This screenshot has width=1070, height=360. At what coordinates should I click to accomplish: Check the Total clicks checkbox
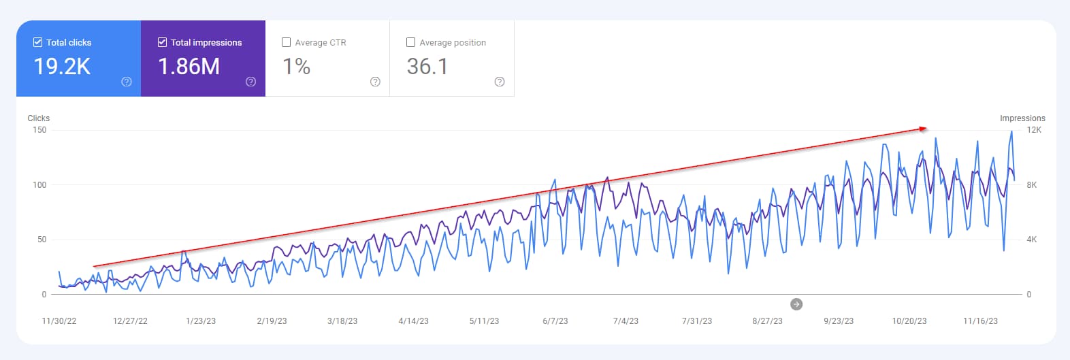click(x=37, y=42)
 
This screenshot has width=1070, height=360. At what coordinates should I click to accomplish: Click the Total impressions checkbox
click(x=162, y=42)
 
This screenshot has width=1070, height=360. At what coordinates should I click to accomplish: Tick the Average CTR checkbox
click(x=287, y=42)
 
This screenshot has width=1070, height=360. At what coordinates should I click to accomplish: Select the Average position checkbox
click(x=410, y=42)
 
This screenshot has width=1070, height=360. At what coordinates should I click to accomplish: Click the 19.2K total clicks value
click(x=62, y=67)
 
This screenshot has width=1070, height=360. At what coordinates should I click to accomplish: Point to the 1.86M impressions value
click(x=189, y=67)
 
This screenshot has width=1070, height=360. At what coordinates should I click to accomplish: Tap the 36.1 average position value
click(x=427, y=67)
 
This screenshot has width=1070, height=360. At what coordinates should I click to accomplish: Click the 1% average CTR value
click(x=296, y=67)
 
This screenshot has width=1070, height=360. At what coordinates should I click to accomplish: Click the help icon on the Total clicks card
click(x=127, y=82)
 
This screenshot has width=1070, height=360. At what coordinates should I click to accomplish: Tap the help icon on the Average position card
click(x=500, y=82)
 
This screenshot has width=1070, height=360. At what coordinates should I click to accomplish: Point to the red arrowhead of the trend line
click(x=923, y=128)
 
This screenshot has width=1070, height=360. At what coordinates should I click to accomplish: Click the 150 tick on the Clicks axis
click(x=39, y=130)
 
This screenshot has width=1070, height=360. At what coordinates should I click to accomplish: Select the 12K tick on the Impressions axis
click(x=1034, y=130)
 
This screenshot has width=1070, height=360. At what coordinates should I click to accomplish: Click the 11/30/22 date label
click(x=59, y=321)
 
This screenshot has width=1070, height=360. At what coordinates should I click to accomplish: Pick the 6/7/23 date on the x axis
click(x=555, y=321)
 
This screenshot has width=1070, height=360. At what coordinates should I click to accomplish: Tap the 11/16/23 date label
click(x=980, y=321)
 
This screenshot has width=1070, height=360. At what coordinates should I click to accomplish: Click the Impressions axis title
click(x=1022, y=118)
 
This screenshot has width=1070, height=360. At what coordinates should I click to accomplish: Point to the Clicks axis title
click(x=39, y=118)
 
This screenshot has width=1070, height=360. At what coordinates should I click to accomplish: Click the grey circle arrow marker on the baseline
click(x=796, y=304)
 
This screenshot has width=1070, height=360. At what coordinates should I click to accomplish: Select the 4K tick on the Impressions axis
click(x=1031, y=240)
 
